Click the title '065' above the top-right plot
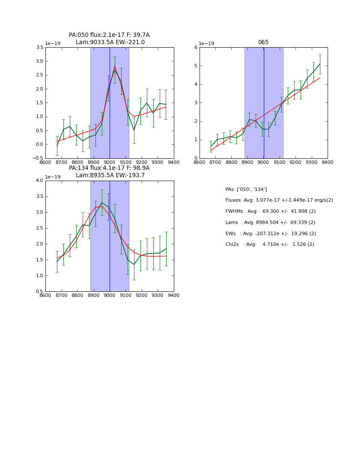click(x=263, y=42)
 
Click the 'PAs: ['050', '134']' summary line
click(x=246, y=189)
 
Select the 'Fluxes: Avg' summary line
click(x=279, y=200)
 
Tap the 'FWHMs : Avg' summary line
click(x=271, y=212)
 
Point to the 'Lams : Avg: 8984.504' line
click(x=270, y=223)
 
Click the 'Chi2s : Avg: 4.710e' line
click(x=270, y=245)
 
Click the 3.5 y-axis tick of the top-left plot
click(x=39, y=48)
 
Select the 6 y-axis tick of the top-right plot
click(x=195, y=48)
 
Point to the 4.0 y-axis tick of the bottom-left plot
click(x=39, y=181)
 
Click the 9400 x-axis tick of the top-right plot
click(x=328, y=162)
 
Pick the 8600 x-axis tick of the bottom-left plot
click(x=45, y=295)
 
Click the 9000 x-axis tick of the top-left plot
click(x=110, y=162)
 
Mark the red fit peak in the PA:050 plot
click(x=115, y=66)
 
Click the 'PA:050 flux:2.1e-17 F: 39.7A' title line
click(x=109, y=35)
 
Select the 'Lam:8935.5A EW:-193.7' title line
click(x=110, y=175)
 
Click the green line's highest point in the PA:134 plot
click(x=102, y=202)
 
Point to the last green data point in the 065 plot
click(x=320, y=64)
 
